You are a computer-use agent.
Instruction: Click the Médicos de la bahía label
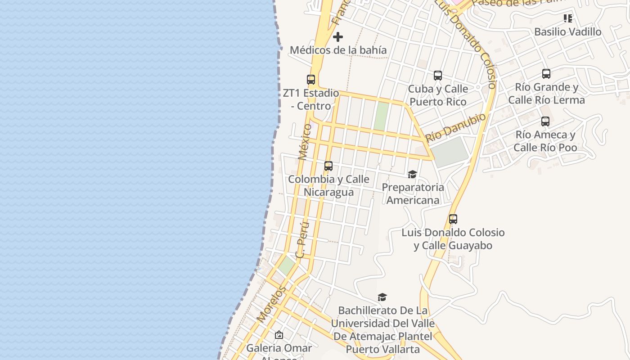[x=338, y=50]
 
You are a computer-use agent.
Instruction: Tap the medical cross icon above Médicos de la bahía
[x=338, y=37]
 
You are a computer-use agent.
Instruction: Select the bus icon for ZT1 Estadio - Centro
[x=311, y=80]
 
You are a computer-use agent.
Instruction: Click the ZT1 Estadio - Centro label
[x=311, y=99]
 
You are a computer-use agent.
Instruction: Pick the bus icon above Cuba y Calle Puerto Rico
[x=438, y=76]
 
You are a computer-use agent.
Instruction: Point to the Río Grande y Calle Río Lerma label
[x=546, y=94]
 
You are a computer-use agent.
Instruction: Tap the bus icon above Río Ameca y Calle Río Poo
[x=545, y=121]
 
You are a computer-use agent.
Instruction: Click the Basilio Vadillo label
[x=567, y=32]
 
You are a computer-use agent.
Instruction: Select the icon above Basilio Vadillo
[x=568, y=18]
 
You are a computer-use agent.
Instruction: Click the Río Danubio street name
[x=456, y=128]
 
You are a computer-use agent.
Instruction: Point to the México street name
[x=305, y=142]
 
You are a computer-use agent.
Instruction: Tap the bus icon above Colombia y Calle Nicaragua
[x=328, y=166]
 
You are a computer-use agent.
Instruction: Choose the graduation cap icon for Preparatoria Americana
[x=412, y=174]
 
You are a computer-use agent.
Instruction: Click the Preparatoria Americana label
[x=413, y=193]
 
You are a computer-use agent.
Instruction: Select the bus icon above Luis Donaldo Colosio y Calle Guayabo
[x=453, y=219]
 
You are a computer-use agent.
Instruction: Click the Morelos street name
[x=271, y=304]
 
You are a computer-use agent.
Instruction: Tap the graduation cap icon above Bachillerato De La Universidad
[x=382, y=297]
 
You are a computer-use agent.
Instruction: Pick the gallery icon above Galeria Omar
[x=279, y=335]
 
